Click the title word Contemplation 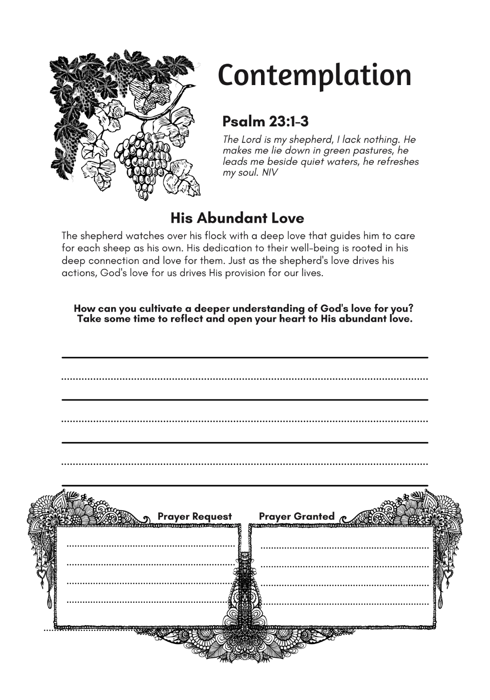pos(315,75)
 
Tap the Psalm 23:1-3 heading pos(265,121)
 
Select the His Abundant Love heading pos(237,218)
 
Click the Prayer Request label pos(194,516)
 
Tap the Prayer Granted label pos(297,516)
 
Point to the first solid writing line pos(245,357)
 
